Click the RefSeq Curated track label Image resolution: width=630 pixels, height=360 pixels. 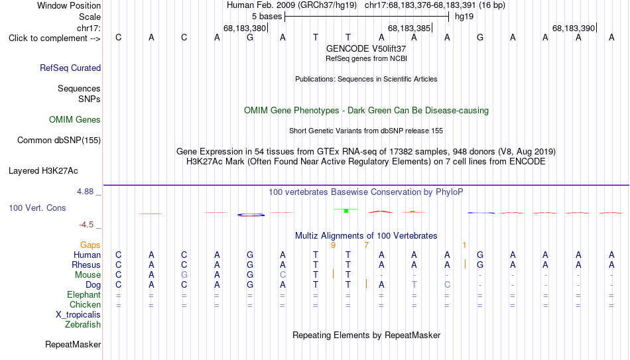70,68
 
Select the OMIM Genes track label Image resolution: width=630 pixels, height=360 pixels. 75,120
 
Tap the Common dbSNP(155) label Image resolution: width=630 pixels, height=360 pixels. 59,141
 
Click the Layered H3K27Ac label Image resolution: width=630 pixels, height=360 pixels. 43,171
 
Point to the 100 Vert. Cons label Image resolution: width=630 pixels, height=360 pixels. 37,208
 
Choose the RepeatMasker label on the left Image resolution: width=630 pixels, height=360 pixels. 73,344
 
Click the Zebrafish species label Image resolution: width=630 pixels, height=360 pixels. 83,324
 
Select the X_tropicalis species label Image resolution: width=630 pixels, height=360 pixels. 78,315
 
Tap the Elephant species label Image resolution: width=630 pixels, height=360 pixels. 84,294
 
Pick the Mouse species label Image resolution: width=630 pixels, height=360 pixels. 88,275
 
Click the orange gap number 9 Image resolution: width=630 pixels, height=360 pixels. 333,245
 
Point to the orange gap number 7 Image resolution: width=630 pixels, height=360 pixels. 366,245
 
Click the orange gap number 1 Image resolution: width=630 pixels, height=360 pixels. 464,245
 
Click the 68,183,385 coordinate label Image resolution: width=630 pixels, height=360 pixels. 409,28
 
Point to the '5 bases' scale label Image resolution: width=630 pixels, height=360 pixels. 267,17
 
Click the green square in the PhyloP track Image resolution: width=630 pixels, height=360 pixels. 346,211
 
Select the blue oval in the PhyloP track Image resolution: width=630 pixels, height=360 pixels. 251,215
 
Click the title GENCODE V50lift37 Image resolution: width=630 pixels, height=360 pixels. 366,48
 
